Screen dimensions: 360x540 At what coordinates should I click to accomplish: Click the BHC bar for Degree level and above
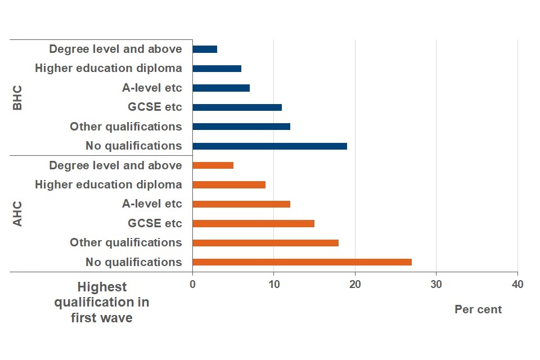[205, 49]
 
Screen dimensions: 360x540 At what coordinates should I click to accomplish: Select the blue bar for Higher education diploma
[217, 69]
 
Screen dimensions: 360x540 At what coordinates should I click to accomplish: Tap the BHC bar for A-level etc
[221, 88]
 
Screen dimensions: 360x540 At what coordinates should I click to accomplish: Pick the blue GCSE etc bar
[237, 107]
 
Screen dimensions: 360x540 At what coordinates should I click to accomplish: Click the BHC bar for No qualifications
[269, 146]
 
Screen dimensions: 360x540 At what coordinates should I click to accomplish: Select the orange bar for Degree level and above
[213, 165]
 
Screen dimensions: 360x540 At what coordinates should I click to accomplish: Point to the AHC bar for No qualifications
[302, 262]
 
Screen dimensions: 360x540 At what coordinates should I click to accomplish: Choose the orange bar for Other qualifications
[265, 242]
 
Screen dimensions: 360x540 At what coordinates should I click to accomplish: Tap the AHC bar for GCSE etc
[253, 223]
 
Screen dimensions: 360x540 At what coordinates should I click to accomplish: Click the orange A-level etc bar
[241, 204]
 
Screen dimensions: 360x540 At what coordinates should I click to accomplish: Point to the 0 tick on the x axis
[192, 285]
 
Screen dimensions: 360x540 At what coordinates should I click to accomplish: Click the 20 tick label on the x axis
[355, 285]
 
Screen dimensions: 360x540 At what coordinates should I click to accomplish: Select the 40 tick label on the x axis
[517, 285]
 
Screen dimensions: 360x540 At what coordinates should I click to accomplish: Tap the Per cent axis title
[478, 309]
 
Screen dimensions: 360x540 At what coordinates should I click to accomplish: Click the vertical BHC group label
[17, 98]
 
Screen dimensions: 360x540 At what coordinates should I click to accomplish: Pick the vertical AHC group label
[17, 214]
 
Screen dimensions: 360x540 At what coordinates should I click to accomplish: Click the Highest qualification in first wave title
[102, 302]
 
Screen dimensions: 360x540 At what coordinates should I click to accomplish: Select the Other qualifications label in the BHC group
[125, 127]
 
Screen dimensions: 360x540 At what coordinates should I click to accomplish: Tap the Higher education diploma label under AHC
[108, 184]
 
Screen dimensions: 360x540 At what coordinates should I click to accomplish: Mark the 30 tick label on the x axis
[436, 285]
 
